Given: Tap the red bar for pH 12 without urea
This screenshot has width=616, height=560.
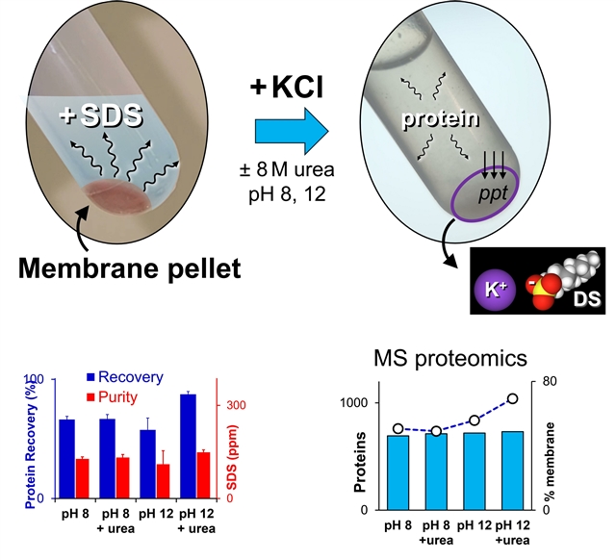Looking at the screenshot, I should (x=162, y=481).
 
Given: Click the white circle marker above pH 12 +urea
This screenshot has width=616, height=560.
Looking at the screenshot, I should (x=512, y=398).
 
